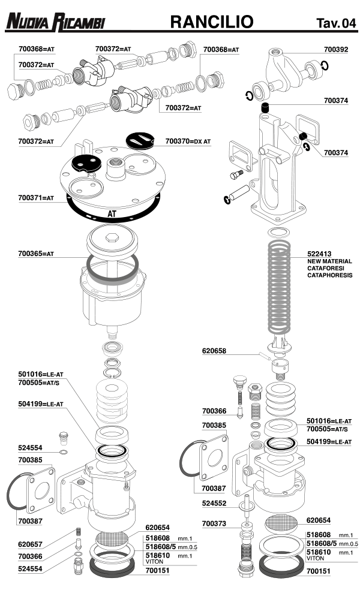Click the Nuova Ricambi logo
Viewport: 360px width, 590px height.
[55, 23]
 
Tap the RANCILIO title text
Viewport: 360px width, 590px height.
[212, 23]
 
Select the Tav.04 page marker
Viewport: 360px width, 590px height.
[336, 23]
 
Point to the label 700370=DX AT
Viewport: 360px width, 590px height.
[188, 142]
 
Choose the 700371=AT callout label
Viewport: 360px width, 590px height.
[36, 197]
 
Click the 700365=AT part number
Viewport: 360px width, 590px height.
[36, 254]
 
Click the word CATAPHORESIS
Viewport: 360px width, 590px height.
[330, 276]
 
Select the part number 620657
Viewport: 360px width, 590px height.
[30, 543]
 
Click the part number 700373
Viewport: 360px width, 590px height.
[214, 524]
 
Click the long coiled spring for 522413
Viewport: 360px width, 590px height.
[281, 288]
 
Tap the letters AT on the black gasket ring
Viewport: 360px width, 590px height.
[112, 213]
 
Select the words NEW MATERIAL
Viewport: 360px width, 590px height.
[329, 262]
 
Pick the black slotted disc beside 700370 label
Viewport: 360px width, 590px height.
[144, 140]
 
